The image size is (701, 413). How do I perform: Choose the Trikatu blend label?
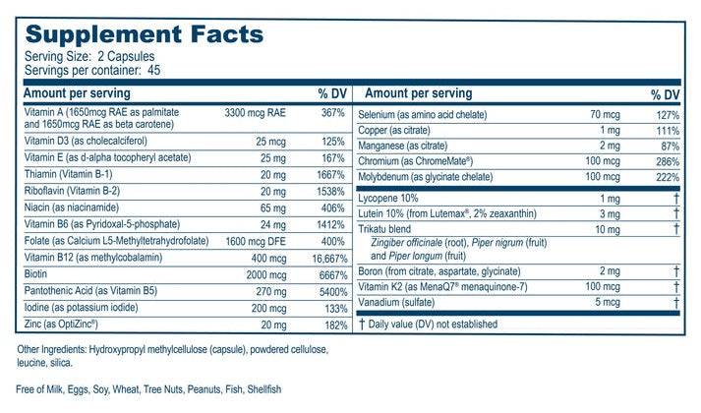tap(389, 228)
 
